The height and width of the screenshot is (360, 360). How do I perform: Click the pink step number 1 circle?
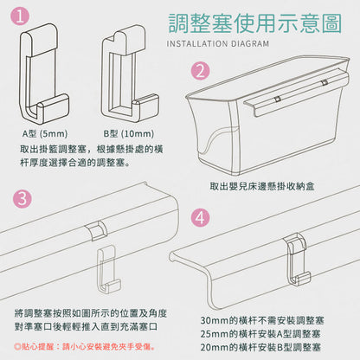coord(20,16)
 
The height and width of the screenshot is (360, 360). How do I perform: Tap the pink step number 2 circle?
coord(201,71)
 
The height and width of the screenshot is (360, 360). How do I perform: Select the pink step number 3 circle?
coord(22,198)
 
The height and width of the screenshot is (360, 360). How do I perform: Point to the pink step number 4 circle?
coord(200,217)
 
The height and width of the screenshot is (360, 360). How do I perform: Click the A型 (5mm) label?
coord(45,133)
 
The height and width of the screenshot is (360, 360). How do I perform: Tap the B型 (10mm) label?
coord(129,133)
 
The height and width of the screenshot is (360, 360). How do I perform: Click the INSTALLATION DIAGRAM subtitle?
coord(218,44)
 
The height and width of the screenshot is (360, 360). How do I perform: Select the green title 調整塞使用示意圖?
coord(255,23)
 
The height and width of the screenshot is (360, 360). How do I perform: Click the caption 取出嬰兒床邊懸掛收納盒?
coord(262,186)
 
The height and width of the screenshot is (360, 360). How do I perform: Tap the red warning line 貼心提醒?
coord(84,346)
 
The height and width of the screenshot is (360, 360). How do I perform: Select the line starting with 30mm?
coord(262,320)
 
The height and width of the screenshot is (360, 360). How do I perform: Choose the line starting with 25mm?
coord(260,334)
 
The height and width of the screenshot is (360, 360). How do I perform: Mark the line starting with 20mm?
coord(260,347)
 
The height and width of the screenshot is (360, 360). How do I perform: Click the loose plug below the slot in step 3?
coord(108,269)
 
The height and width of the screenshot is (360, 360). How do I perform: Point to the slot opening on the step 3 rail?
coord(97,230)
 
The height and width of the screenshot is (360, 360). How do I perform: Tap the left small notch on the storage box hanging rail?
coord(278,100)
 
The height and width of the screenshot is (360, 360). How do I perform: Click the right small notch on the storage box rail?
coord(325,82)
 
